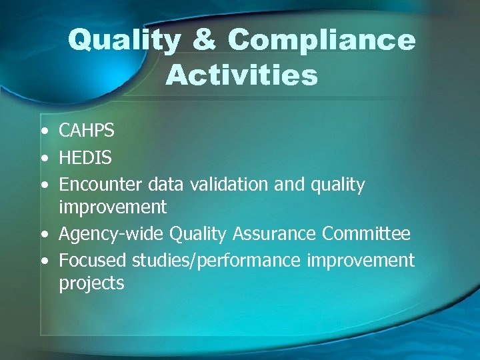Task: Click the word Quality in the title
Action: (x=124, y=41)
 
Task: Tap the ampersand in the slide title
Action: (x=204, y=41)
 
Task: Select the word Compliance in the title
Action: (x=321, y=41)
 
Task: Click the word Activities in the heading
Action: (x=241, y=75)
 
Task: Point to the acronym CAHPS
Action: (x=87, y=131)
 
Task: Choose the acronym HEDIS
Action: (x=85, y=157)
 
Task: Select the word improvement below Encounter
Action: (x=113, y=207)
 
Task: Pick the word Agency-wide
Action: (x=111, y=234)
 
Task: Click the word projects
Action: (x=91, y=283)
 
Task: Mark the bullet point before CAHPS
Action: (x=43, y=131)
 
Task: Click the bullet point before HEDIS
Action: (x=43, y=158)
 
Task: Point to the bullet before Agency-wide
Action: (x=43, y=234)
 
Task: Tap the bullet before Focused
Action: (x=43, y=260)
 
